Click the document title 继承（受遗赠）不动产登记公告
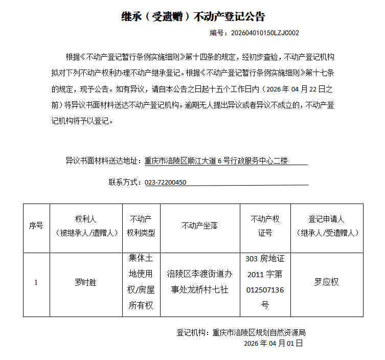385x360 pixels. click(193, 16)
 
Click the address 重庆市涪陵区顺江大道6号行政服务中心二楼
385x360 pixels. click(216, 161)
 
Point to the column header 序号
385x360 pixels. click(36, 226)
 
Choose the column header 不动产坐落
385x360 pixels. click(199, 226)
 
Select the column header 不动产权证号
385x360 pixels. click(265, 226)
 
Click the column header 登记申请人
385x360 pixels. click(327, 226)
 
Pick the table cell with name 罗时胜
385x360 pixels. click(85, 282)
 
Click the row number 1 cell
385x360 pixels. click(36, 282)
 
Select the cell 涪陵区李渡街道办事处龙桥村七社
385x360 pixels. click(199, 282)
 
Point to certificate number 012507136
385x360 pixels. click(265, 290)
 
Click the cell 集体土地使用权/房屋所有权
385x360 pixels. click(141, 282)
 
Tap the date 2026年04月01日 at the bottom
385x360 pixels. click(274, 343)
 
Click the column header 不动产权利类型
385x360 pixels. click(141, 226)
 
